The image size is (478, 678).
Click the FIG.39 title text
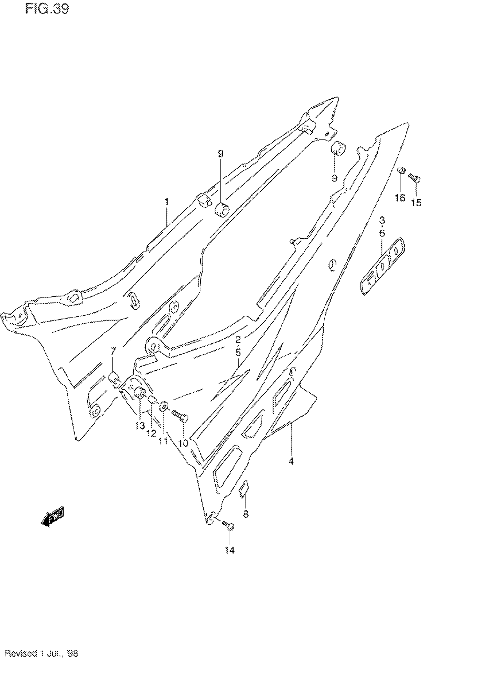(47, 9)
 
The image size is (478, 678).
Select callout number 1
(167, 202)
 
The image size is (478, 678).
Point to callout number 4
(291, 461)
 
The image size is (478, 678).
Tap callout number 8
(245, 514)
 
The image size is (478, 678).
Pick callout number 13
(140, 426)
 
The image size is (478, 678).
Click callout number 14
(229, 550)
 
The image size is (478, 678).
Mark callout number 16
(400, 198)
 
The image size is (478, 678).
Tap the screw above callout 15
(415, 178)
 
